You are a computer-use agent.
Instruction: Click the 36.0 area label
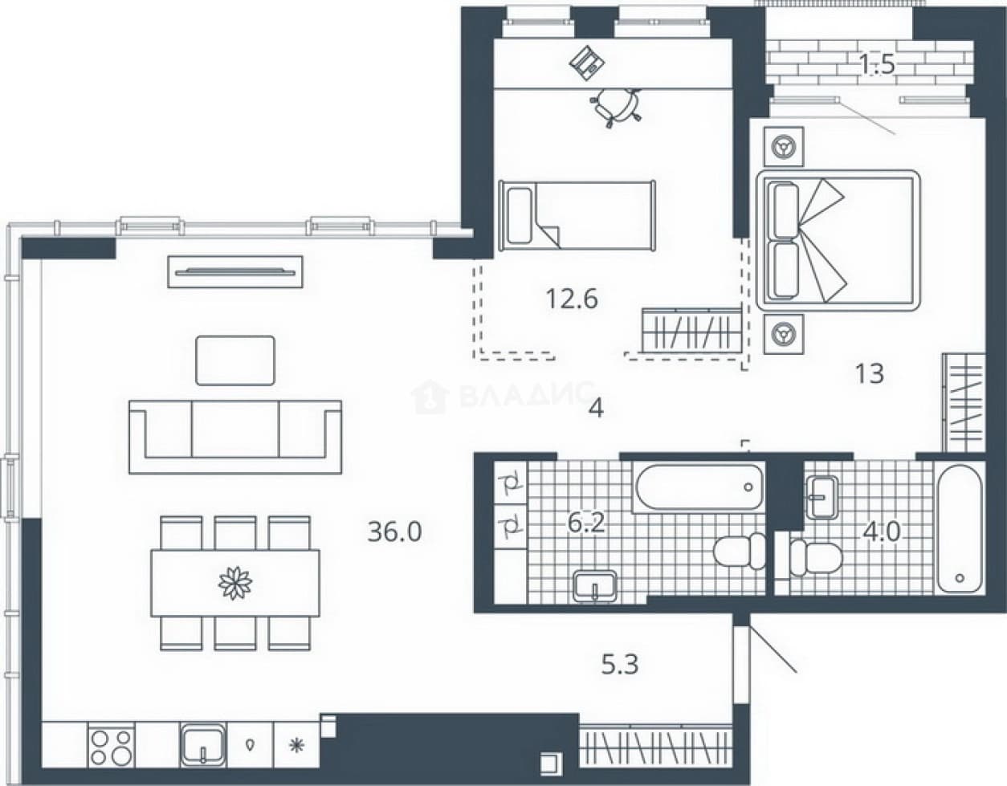pyautogui.click(x=394, y=531)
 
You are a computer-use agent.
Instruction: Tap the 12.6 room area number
pyautogui.click(x=572, y=299)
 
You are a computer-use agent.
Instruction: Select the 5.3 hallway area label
pyautogui.click(x=620, y=665)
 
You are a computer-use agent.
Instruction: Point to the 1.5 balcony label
pyautogui.click(x=877, y=64)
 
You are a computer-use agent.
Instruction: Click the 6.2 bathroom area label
pyautogui.click(x=586, y=523)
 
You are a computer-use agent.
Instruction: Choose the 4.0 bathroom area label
pyautogui.click(x=881, y=531)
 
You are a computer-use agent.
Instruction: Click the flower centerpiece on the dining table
pyautogui.click(x=235, y=582)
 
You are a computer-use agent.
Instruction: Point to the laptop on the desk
pyautogui.click(x=587, y=63)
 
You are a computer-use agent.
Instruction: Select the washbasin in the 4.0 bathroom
pyautogui.click(x=821, y=498)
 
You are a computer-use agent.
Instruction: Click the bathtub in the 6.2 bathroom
pyautogui.click(x=699, y=487)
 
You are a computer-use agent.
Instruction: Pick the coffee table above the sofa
pyautogui.click(x=235, y=360)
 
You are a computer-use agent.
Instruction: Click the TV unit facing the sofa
pyautogui.click(x=235, y=272)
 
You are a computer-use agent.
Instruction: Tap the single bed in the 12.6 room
pyautogui.click(x=577, y=216)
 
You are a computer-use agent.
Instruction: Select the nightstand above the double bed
pyautogui.click(x=784, y=146)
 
